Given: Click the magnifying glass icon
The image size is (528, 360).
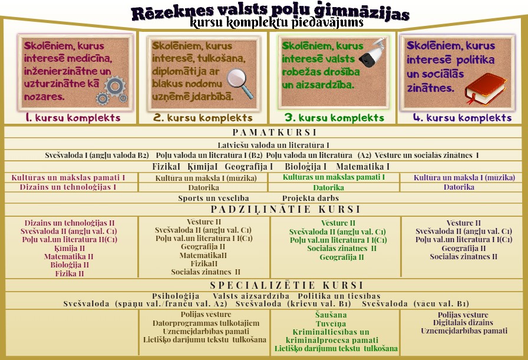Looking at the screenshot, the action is (240, 84).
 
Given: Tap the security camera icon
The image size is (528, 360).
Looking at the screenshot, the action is (372, 52).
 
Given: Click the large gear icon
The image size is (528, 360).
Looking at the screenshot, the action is (115, 86).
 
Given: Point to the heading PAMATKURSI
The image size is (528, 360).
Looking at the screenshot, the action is (275, 132).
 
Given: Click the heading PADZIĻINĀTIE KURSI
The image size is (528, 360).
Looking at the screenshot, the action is (286, 209).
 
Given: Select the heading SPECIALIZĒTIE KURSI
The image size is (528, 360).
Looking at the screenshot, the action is (286, 285).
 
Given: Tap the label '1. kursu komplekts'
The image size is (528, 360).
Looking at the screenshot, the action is (72, 117).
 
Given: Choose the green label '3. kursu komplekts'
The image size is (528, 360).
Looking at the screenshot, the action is (334, 117).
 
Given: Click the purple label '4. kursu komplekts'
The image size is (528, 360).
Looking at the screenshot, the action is (463, 117).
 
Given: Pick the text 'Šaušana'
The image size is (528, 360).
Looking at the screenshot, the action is (331, 315).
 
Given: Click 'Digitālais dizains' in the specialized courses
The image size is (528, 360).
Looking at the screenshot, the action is (463, 323).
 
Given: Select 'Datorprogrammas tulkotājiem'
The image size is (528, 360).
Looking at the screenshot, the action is (206, 323).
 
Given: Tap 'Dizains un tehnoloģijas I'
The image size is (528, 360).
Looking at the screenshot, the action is (68, 187).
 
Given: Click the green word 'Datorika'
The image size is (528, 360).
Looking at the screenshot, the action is (328, 187).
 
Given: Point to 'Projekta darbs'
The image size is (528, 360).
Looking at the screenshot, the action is (311, 199).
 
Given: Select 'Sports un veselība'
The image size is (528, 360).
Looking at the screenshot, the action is (213, 199).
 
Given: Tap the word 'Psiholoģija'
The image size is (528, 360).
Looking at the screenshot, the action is (176, 296).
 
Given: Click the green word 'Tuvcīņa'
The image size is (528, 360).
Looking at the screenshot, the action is (331, 323).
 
